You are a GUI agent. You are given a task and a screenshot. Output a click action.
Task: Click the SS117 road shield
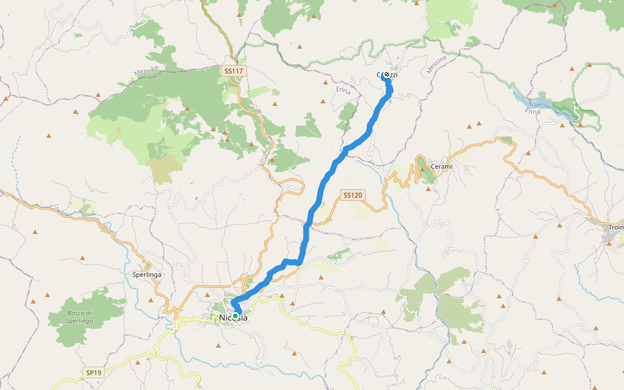[232, 70]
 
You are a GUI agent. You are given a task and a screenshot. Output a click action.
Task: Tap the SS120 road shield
[352, 195]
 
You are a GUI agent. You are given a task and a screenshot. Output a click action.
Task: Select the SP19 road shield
[94, 373]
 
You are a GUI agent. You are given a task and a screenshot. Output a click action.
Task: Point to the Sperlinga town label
[147, 275]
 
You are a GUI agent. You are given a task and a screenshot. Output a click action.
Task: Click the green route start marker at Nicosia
[235, 316]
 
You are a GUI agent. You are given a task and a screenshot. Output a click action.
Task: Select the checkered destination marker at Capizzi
[387, 75]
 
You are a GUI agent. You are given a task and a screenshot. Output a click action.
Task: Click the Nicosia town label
[233, 318]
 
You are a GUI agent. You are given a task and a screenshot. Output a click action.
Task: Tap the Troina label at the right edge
[616, 227]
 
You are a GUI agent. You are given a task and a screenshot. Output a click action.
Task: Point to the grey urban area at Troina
[611, 237]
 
